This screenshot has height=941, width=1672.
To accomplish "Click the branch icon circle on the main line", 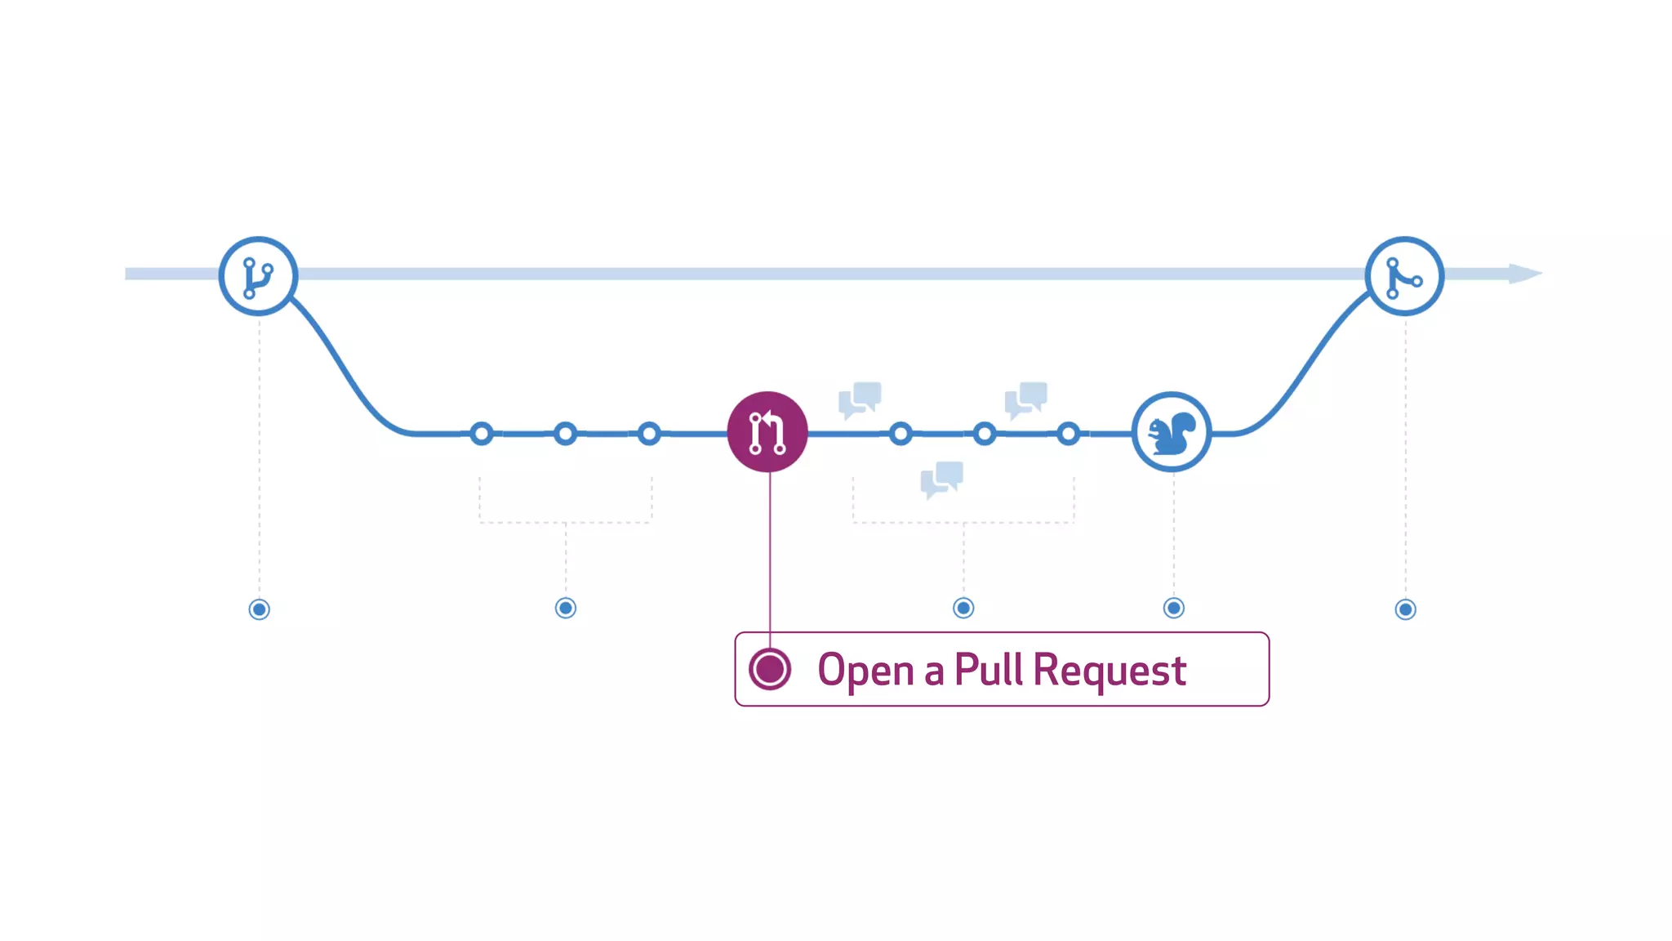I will click(258, 276).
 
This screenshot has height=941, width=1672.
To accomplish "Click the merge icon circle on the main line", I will click(1404, 276).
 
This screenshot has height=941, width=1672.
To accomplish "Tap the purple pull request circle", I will click(767, 432).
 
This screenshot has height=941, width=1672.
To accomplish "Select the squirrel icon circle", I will click(1172, 432).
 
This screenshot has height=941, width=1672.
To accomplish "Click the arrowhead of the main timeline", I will click(1524, 274).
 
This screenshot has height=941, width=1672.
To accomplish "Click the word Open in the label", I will click(865, 671).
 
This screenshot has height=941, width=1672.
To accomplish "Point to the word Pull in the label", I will click(988, 670).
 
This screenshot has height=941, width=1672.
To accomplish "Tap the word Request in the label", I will click(1109, 671).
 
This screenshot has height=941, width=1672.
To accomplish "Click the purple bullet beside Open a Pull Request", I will click(770, 669).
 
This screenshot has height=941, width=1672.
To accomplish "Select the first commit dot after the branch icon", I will click(482, 433).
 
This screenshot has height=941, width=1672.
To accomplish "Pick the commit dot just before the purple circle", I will click(649, 433).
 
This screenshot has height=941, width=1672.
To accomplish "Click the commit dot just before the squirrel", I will click(1068, 433).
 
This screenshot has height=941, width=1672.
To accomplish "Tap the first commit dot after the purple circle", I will click(900, 433).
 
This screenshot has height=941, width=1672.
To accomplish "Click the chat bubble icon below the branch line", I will click(942, 479).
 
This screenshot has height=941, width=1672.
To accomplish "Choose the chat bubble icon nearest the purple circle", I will click(860, 399).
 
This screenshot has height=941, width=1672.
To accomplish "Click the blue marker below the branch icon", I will click(260, 609).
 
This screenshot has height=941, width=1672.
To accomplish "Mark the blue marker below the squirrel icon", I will click(1174, 608).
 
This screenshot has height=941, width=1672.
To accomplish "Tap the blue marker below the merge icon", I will click(1405, 609).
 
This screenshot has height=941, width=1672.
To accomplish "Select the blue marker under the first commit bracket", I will click(566, 608).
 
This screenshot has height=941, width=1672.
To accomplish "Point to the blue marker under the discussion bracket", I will click(963, 608).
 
